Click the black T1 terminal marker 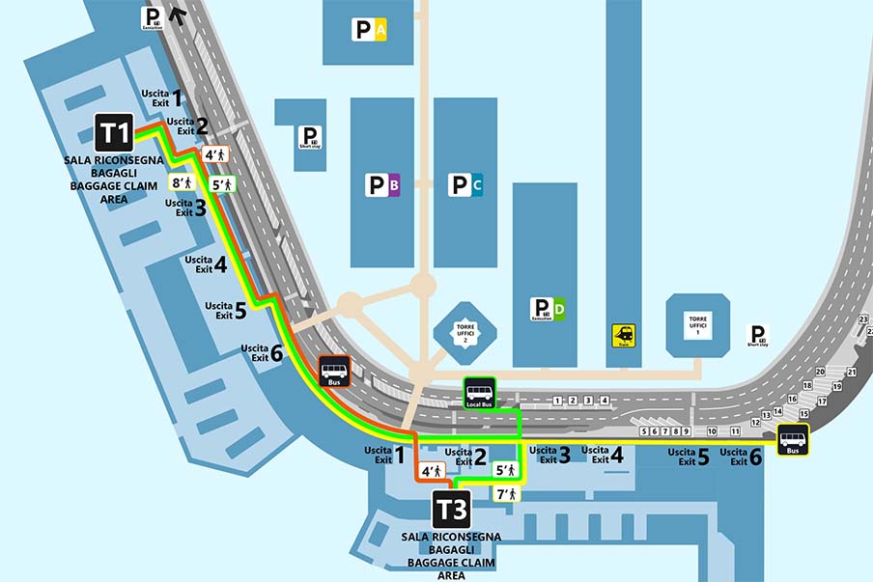tap(114, 132)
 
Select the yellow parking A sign tap(370, 31)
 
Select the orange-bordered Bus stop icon tap(335, 372)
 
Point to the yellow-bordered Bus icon tap(793, 439)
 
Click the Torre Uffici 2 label tap(467, 333)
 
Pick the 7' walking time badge tap(505, 494)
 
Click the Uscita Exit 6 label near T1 tap(262, 352)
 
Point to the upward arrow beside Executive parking tap(177, 14)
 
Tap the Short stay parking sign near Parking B tap(309, 137)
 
